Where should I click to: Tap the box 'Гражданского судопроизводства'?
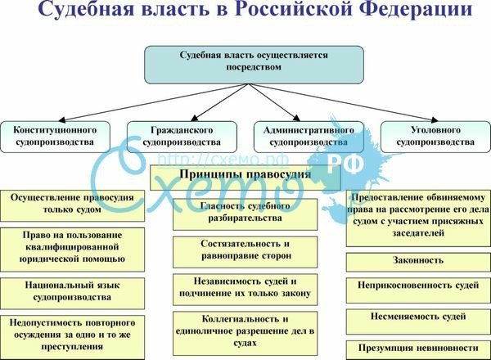(182, 136)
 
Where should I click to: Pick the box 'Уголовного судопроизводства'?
(435, 136)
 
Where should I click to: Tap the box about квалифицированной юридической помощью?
(72, 246)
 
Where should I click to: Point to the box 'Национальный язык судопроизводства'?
(72, 290)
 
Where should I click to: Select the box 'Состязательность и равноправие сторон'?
(245, 250)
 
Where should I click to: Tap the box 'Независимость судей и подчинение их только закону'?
(245, 288)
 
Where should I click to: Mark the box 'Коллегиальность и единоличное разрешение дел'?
(245, 327)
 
